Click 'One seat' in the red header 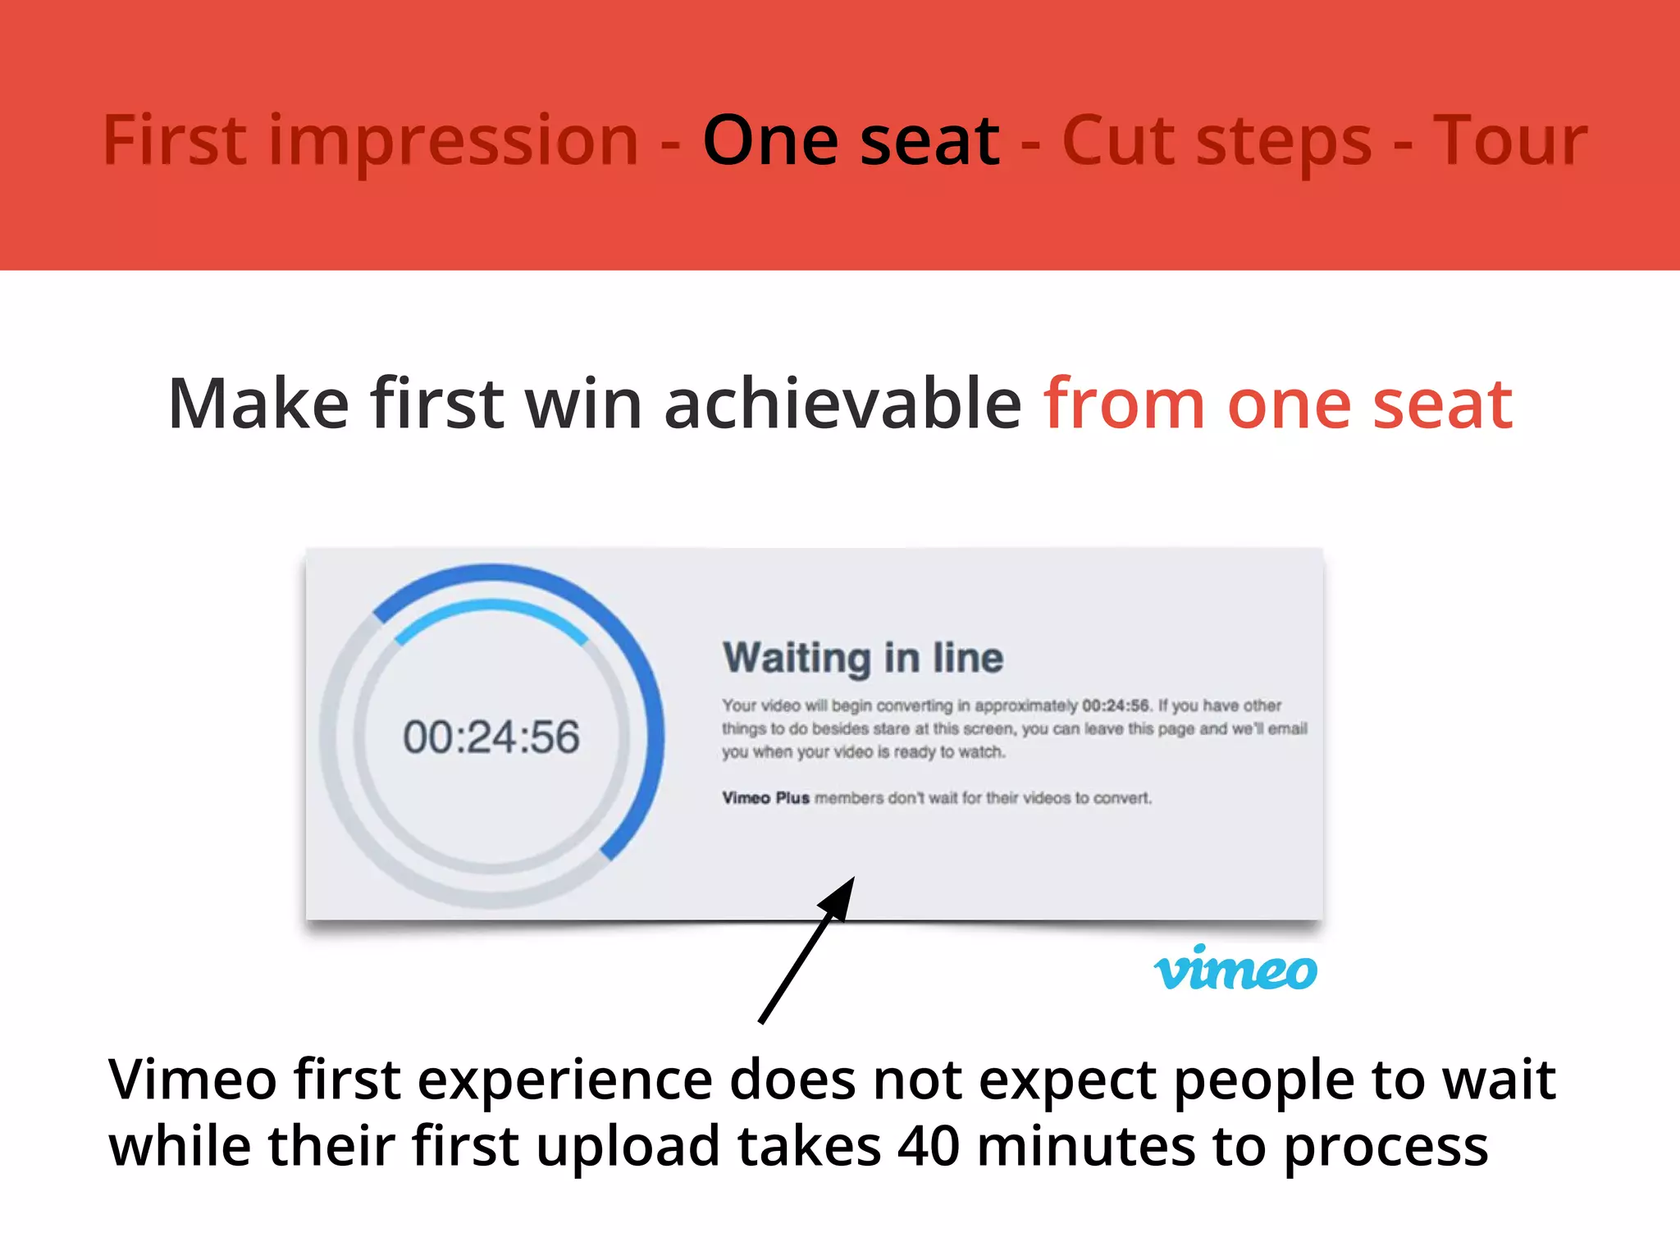(851, 141)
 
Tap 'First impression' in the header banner (370, 141)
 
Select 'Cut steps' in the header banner (1217, 141)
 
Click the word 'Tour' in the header (1509, 141)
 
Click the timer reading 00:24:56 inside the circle (491, 737)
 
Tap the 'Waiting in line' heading (862, 658)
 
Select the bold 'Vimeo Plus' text (765, 798)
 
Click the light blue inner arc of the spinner (491, 609)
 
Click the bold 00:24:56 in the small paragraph (1116, 705)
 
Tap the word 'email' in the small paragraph (1287, 728)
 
